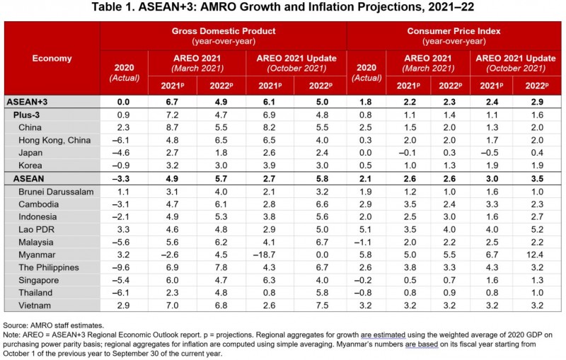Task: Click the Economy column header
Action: click(x=52, y=58)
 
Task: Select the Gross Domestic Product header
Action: click(x=224, y=32)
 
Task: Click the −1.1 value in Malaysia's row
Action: click(x=371, y=240)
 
